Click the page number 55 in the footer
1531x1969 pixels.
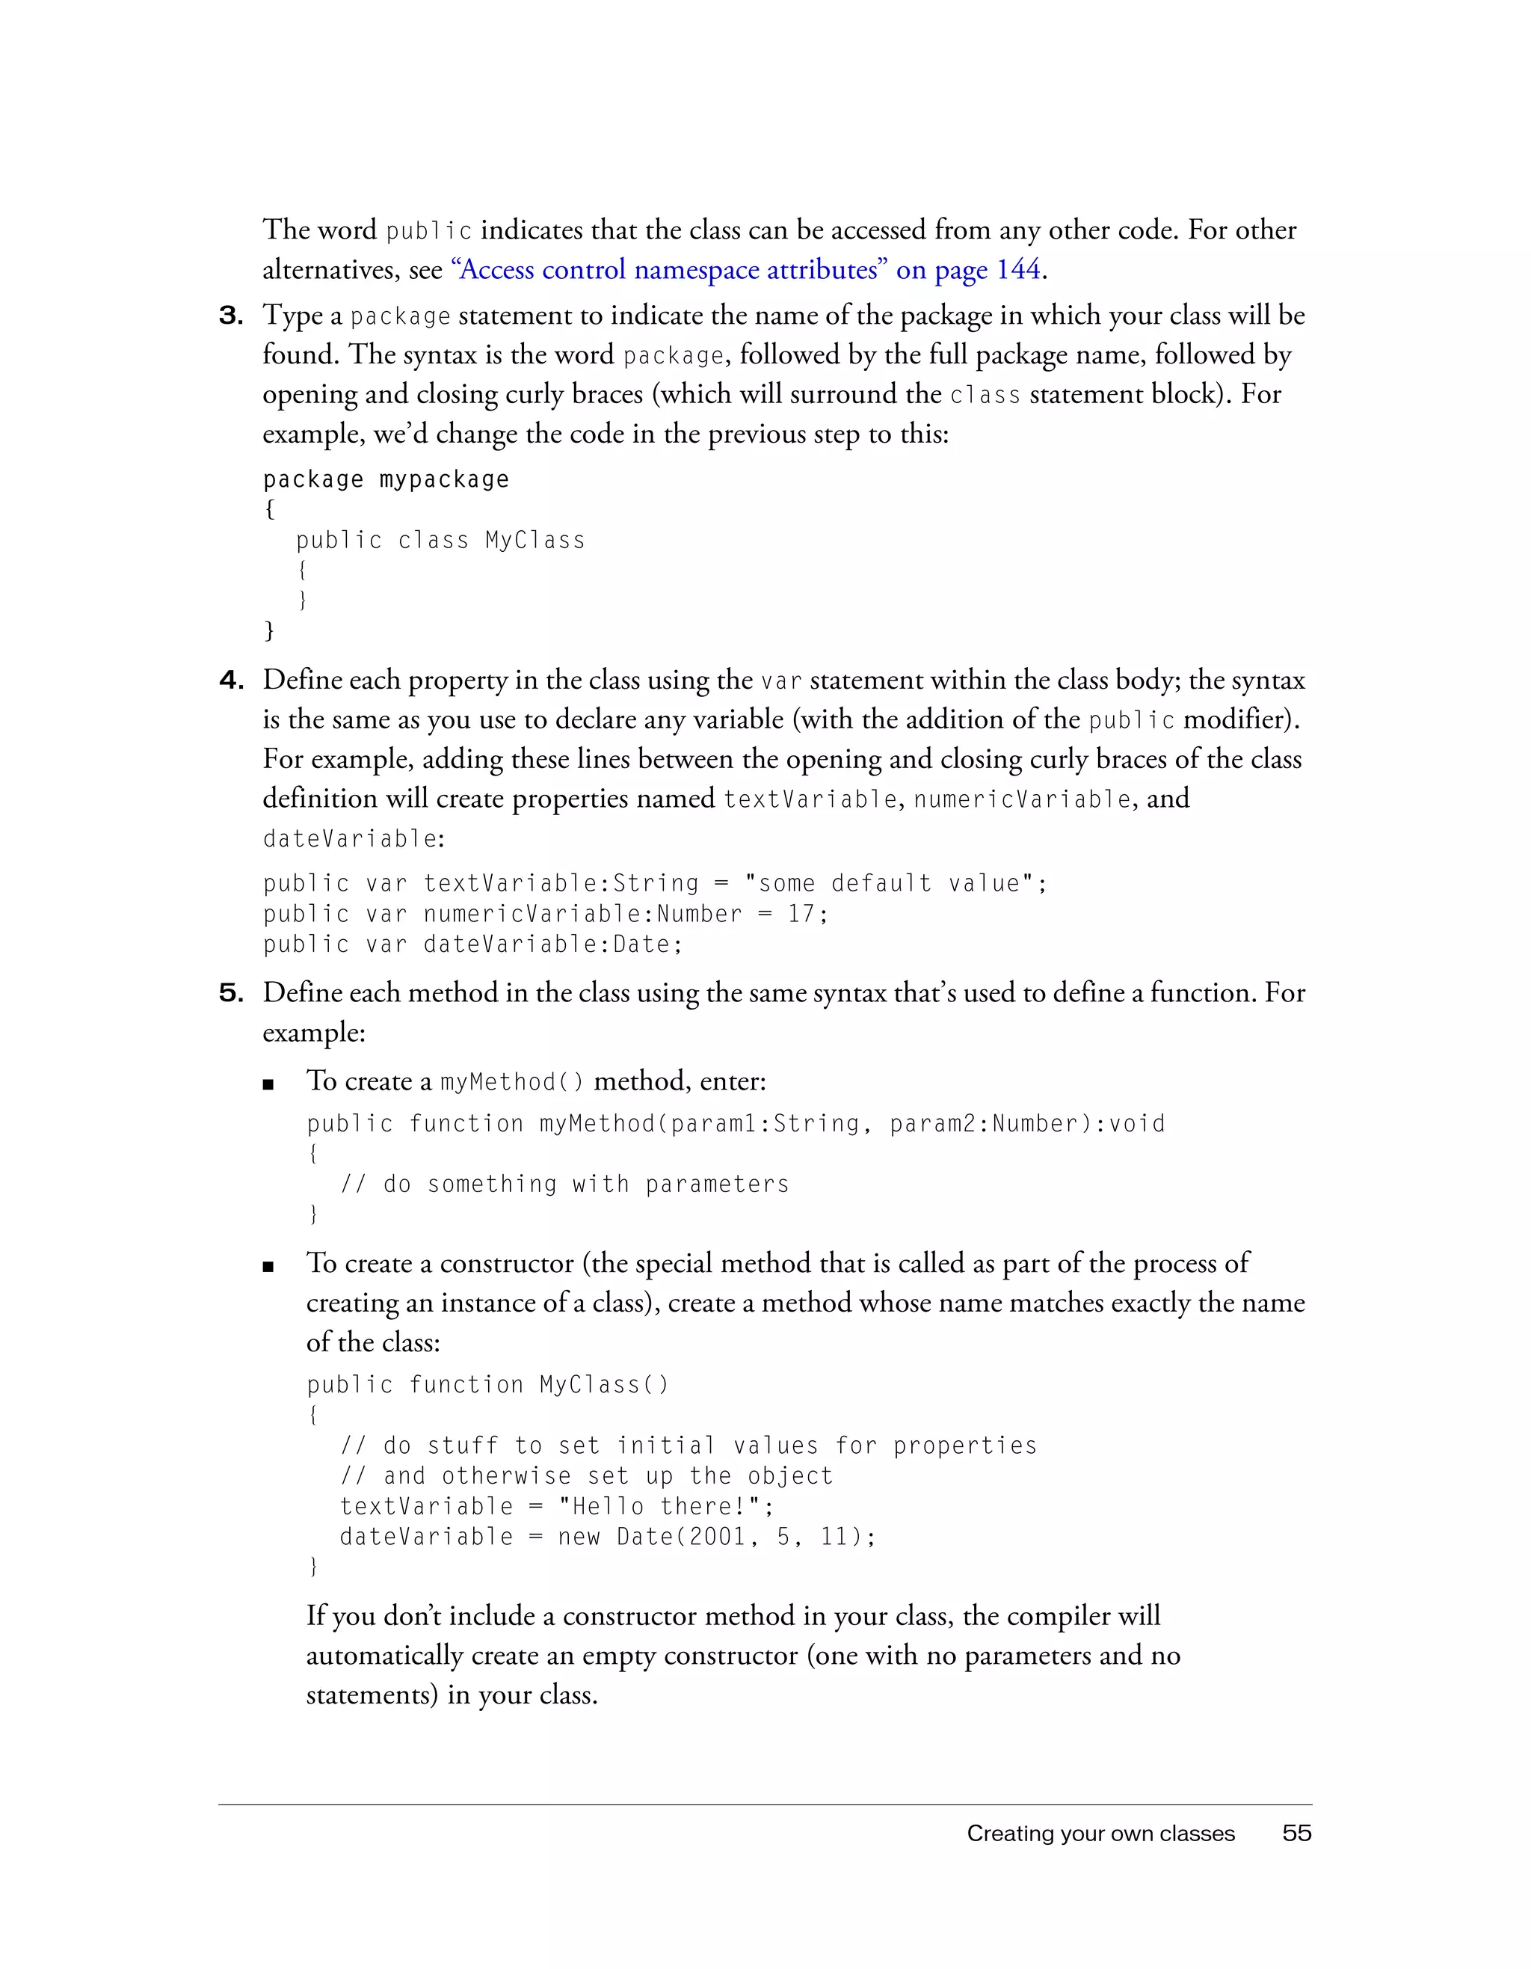(1297, 1833)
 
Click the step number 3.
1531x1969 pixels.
(232, 316)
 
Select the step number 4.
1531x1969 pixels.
(232, 681)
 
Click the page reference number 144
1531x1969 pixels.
(1018, 269)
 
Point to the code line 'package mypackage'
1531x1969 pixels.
(386, 479)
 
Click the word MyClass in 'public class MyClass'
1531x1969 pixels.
(535, 540)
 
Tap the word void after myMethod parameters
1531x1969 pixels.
(1137, 1124)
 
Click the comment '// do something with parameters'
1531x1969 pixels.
(564, 1185)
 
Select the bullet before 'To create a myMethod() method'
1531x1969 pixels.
(268, 1084)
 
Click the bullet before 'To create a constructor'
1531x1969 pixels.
(268, 1267)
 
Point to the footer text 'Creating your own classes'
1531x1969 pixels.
(1100, 1834)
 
